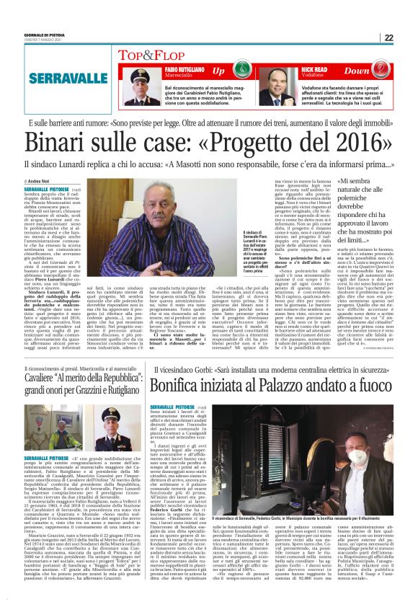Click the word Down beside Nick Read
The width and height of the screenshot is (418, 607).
[x=357, y=71]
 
